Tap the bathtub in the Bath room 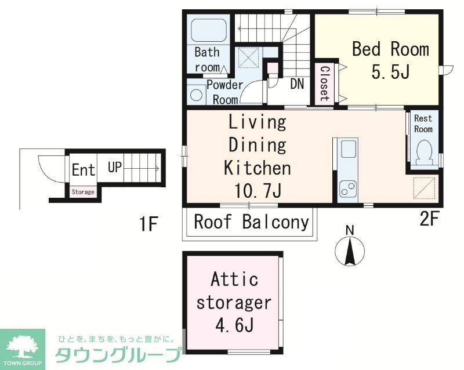click(x=208, y=30)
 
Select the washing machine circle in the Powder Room click(x=197, y=96)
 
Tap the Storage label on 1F click(x=83, y=192)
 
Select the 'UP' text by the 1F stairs click(x=114, y=168)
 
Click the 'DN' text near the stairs click(x=297, y=84)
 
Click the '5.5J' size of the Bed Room click(x=391, y=73)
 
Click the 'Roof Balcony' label click(x=251, y=222)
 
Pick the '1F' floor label click(x=148, y=224)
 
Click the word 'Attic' click(x=234, y=280)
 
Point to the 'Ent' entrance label click(x=84, y=171)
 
